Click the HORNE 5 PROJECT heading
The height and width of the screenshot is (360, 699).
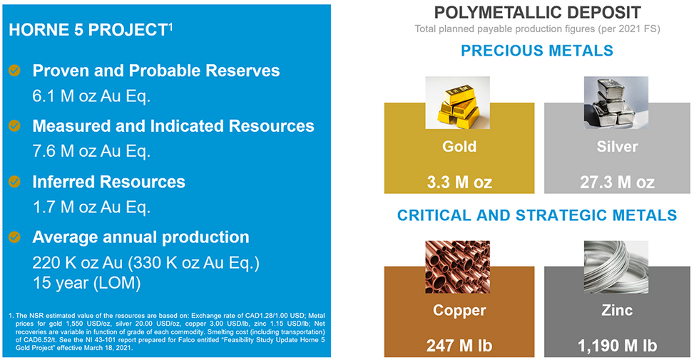91,30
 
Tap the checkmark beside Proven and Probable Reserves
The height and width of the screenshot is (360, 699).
15,71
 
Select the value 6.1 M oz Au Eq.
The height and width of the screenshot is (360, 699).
91,96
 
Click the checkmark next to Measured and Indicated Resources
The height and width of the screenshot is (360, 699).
15,126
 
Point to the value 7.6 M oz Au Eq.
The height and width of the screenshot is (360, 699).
91,151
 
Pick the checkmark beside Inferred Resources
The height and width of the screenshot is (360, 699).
15,182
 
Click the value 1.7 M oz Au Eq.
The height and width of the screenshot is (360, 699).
91,207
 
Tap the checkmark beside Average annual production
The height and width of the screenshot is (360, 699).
15,237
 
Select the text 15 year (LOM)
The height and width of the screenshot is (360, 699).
86,283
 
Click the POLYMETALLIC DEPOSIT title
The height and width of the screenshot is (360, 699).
537,13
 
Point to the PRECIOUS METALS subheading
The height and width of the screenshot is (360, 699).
537,51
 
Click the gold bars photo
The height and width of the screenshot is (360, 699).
458,103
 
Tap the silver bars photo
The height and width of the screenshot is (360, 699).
616,103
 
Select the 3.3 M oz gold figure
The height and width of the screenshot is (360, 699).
459,182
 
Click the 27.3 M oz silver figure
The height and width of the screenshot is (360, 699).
617,182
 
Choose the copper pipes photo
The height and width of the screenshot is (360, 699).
458,267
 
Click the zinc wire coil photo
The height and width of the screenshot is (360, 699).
616,267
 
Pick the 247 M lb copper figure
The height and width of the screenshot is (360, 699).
459,346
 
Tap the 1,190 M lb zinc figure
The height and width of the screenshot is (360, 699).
617,346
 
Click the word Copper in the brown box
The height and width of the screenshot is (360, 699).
459,311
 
